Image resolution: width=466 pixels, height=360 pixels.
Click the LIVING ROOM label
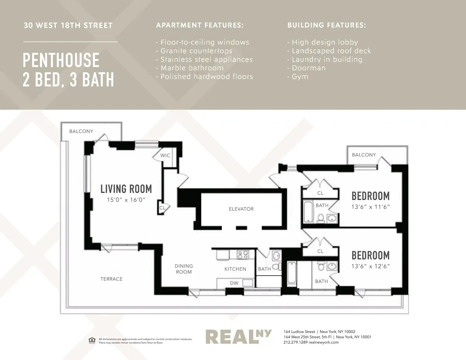(126, 189)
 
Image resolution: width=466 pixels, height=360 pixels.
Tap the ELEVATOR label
(241, 209)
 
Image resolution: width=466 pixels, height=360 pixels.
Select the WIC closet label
(165, 155)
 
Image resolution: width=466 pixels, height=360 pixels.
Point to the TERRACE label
(111, 279)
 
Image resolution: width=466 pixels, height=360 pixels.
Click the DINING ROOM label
(184, 269)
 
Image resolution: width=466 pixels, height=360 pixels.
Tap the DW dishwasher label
(234, 283)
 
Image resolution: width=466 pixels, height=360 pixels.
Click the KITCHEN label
(235, 269)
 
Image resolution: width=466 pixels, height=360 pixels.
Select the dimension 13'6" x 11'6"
(370, 207)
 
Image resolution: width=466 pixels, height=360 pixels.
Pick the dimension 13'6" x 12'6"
(370, 266)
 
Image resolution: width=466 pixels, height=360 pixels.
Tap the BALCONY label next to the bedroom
(364, 155)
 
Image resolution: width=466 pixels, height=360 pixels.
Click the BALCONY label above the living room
(81, 131)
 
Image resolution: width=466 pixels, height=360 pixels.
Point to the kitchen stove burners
(243, 255)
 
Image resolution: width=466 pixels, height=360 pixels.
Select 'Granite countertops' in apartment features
(196, 51)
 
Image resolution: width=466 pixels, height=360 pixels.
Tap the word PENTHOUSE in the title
(61, 61)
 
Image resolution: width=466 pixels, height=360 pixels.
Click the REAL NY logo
(238, 337)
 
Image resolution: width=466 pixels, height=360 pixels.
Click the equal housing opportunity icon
(92, 341)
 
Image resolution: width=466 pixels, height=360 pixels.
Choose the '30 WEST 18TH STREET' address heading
(68, 26)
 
